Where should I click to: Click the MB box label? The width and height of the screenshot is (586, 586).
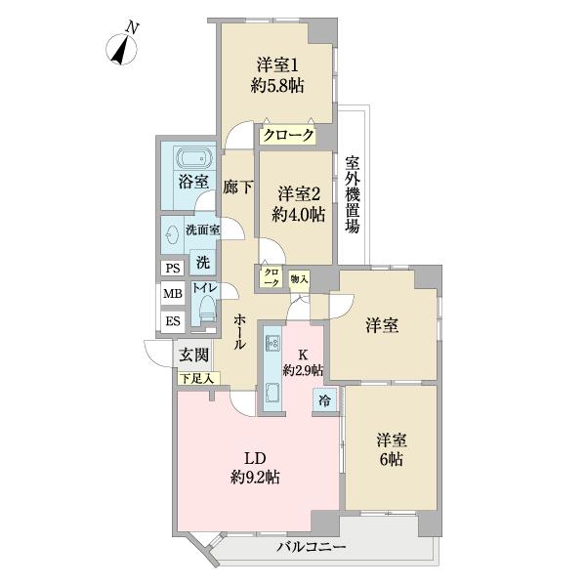click(172, 293)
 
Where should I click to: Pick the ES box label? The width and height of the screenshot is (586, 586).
click(172, 319)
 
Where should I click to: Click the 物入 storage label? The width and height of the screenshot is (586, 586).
click(299, 278)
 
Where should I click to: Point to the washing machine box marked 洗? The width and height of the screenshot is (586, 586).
click(202, 263)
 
